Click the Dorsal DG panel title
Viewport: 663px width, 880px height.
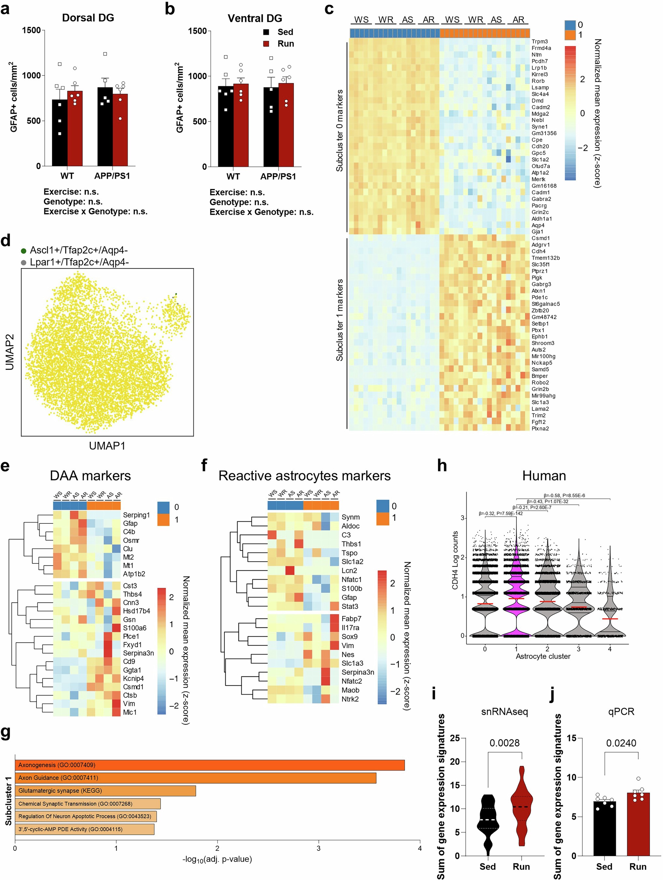[88, 18]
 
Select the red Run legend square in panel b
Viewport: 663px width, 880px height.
[266, 44]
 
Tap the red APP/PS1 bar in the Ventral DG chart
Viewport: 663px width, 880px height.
[286, 127]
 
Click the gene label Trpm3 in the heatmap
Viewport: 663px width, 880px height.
[540, 41]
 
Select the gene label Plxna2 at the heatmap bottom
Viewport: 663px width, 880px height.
[540, 428]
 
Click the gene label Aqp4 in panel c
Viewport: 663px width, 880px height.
[538, 225]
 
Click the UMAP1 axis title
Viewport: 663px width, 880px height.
[107, 446]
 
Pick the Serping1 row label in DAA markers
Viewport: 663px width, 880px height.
[136, 515]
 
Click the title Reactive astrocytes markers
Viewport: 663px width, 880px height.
[304, 476]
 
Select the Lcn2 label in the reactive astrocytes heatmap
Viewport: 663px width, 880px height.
[349, 571]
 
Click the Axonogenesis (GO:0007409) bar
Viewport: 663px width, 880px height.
[209, 765]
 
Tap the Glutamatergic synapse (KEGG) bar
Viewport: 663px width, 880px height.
[105, 791]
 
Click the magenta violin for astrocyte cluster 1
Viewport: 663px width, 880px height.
[516, 589]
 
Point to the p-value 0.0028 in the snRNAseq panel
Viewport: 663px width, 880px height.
[504, 743]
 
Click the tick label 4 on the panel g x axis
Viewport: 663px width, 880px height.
[420, 848]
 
